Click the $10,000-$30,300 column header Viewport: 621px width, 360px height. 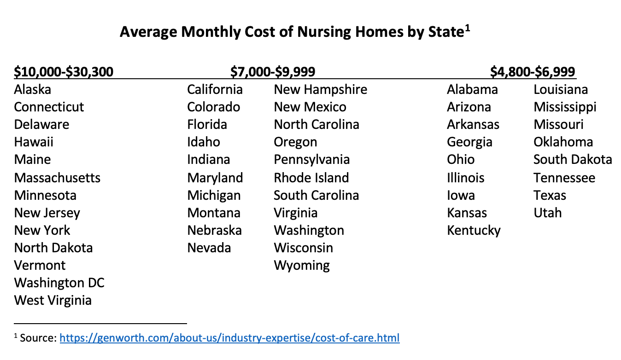(x=64, y=72)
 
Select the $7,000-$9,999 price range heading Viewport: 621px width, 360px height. (x=273, y=72)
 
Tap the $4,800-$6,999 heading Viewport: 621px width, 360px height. (x=533, y=72)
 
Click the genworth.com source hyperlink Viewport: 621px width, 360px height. (x=229, y=338)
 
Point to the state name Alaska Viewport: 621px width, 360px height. (x=32, y=89)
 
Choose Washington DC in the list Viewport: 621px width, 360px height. (x=59, y=283)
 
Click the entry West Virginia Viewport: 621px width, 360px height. (x=53, y=300)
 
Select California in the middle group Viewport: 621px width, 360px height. (x=215, y=89)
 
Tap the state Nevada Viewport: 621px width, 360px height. (x=209, y=248)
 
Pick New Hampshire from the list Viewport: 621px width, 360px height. (x=320, y=89)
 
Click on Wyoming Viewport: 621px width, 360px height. (x=302, y=266)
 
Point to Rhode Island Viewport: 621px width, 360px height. (x=311, y=178)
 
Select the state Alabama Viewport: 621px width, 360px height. (x=472, y=89)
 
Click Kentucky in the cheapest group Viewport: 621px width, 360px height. (x=474, y=230)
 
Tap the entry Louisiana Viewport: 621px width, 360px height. (x=561, y=89)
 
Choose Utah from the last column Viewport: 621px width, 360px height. (x=547, y=213)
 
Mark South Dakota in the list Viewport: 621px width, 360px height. (x=573, y=160)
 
